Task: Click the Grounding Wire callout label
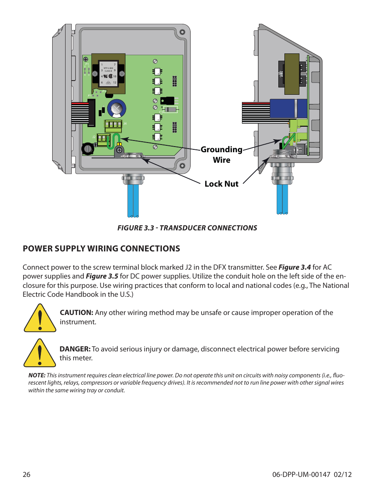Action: (221, 154)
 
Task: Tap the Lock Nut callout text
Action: (221, 184)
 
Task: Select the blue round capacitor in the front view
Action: (117, 109)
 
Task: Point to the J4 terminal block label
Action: (125, 123)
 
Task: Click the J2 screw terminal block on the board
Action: (103, 139)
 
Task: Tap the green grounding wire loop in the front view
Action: (116, 140)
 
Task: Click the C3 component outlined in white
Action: (170, 109)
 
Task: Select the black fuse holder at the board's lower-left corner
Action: (88, 149)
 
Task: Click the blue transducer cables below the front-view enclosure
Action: (133, 200)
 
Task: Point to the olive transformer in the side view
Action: (292, 74)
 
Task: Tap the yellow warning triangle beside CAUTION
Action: (40, 319)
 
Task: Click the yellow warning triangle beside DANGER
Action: (40, 354)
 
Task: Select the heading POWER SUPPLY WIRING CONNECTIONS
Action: (101, 249)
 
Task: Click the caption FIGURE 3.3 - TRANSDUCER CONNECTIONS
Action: (187, 228)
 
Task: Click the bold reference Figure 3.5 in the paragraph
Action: (102, 276)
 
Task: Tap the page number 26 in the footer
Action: (26, 474)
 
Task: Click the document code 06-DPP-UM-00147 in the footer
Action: (301, 474)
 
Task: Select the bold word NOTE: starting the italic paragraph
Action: (36, 375)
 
